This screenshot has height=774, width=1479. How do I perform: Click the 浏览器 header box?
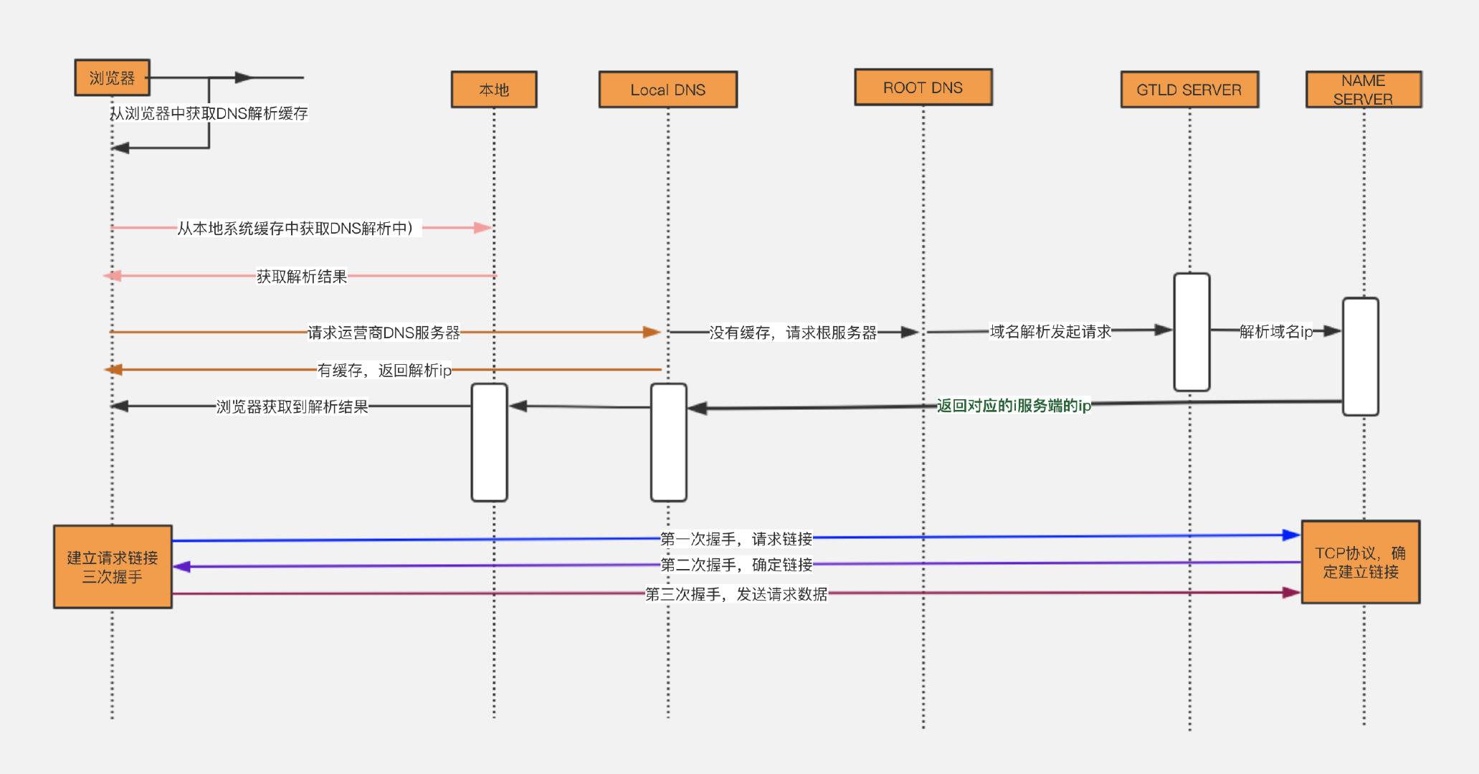pos(112,77)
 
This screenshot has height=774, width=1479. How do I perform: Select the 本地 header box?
pos(493,90)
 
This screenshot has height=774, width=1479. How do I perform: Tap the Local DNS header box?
pos(667,90)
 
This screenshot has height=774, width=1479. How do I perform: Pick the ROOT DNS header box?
pos(923,87)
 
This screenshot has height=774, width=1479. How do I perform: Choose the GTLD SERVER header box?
pos(1189,90)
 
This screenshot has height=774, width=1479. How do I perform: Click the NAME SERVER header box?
pos(1363,90)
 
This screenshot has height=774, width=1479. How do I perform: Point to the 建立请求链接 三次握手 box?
pos(113,567)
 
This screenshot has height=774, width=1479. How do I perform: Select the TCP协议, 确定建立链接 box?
pos(1360,563)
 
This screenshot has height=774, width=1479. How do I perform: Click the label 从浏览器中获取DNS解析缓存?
pos(209,113)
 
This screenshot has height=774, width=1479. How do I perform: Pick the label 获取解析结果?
pos(302,276)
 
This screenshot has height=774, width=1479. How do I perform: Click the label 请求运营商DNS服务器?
pos(384,333)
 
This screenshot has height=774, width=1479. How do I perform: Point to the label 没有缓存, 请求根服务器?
pos(792,333)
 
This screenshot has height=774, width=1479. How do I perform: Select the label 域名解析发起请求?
pos(1050,331)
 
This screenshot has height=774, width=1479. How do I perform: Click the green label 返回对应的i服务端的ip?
pos(1013,406)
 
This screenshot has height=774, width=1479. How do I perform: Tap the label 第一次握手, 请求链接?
pos(736,539)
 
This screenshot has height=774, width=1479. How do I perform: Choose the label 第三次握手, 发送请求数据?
pos(736,594)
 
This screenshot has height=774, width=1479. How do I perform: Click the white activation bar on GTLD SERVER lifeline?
pos(1192,332)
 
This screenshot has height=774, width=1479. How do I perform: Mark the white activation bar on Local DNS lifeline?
pos(668,442)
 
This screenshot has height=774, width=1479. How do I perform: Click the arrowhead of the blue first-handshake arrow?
pos(1291,535)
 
